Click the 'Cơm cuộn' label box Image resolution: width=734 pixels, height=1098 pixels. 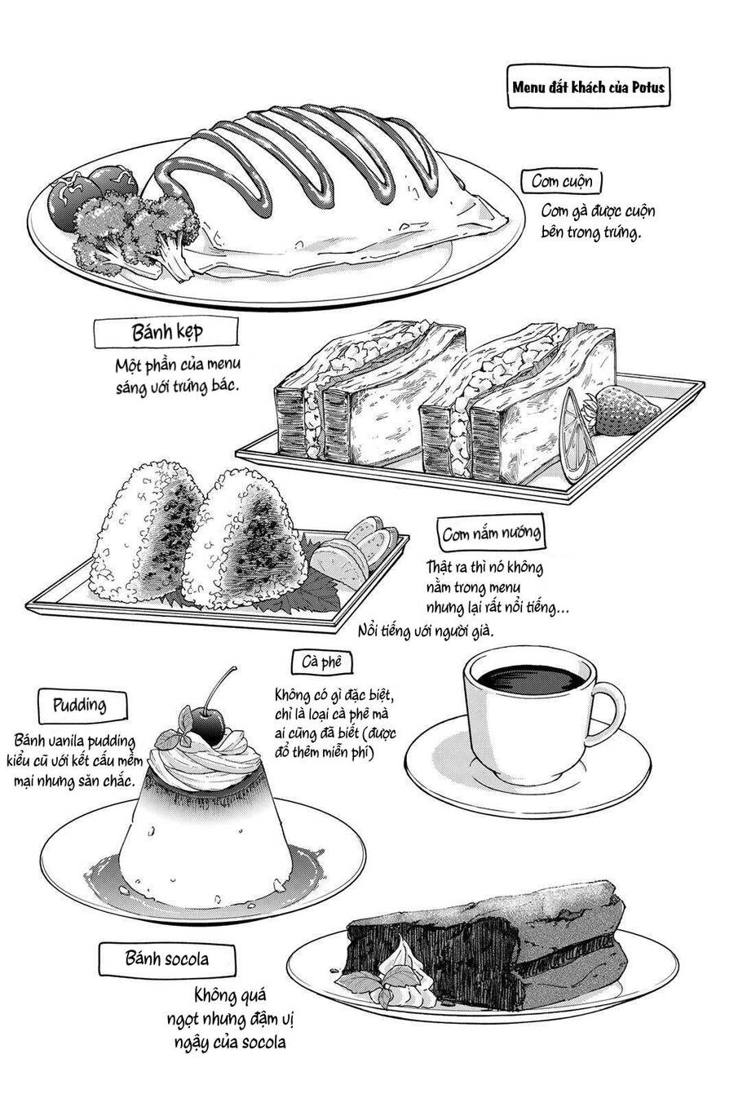pos(562,180)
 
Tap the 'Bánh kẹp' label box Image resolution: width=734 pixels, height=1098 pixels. pos(166,333)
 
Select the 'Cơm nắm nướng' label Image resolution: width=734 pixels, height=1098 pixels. pos(491,535)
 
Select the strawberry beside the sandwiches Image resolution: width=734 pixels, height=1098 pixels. pos(612,411)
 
